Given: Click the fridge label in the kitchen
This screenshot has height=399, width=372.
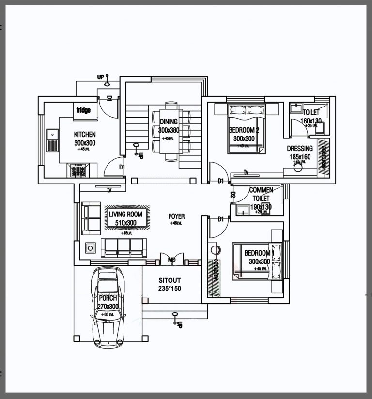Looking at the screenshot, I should coord(83,110).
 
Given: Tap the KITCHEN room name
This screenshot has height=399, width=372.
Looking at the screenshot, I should coord(85,134).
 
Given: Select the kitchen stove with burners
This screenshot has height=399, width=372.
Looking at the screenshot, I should coord(78,170).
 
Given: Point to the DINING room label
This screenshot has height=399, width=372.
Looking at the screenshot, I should coord(169,122).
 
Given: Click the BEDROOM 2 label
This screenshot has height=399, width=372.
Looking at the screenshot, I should coord(244,130).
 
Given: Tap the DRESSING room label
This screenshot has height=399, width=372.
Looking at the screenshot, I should coord(300,149).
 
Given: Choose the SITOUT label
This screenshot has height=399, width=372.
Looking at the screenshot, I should coord(170,280).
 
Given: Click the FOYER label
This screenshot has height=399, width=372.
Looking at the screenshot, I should coord(176,216).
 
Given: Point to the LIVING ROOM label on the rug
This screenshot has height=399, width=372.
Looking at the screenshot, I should coord(125,215).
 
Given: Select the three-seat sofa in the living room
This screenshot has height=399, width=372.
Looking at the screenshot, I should coord(124,247).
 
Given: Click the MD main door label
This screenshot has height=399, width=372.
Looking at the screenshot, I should coord(171,261).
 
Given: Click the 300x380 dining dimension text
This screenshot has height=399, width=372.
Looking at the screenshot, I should coord(169,131).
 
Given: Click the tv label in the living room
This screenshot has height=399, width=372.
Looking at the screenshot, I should coord(110,190).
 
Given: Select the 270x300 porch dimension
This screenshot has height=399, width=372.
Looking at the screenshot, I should coord(108,307).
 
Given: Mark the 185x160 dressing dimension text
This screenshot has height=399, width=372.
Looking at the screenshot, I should coord(300,157).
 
